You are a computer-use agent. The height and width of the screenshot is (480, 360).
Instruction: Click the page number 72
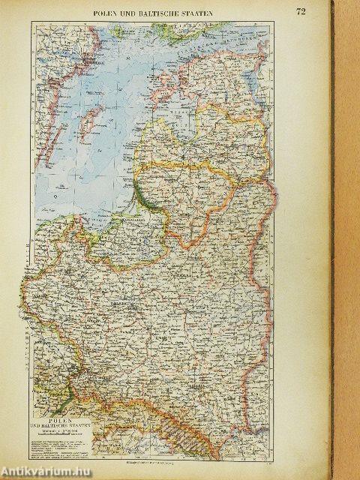pos(300,11)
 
